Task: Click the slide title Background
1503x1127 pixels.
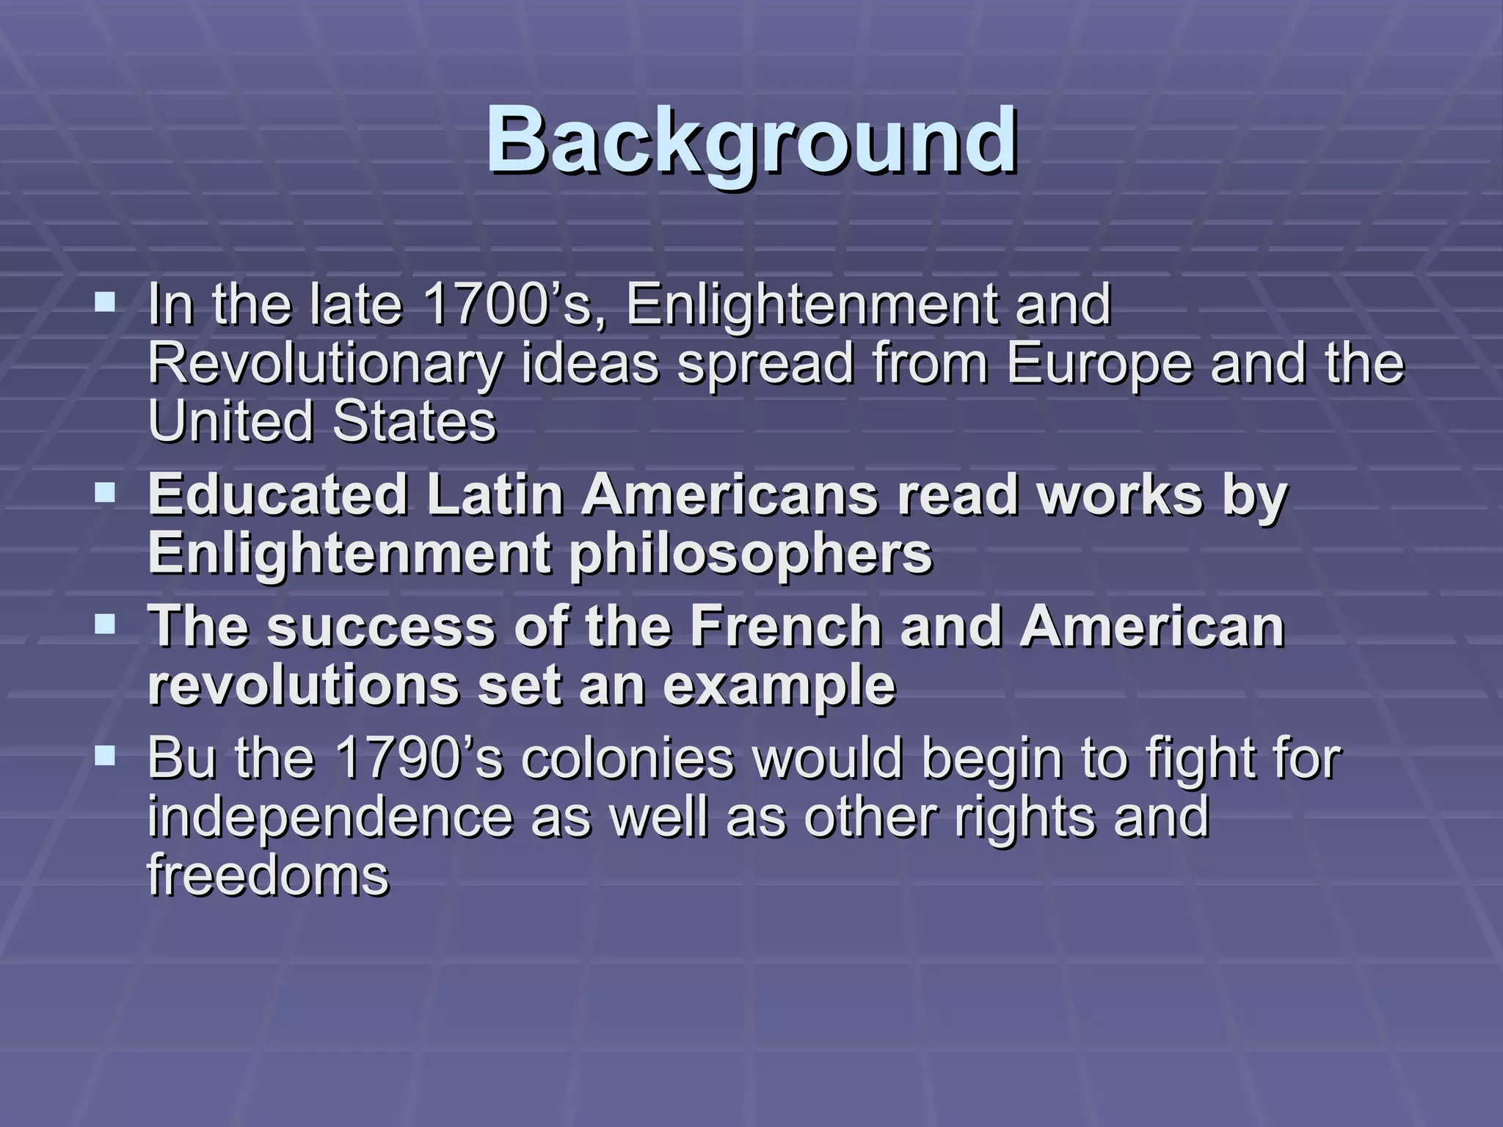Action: (x=751, y=141)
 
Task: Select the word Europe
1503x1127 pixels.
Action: (x=1099, y=365)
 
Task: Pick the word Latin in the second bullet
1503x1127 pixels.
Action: (x=495, y=495)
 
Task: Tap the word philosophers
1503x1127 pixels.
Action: (x=751, y=554)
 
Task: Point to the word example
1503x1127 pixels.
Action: (x=779, y=687)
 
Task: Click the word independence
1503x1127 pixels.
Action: (x=330, y=817)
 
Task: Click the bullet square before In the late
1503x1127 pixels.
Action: (x=106, y=302)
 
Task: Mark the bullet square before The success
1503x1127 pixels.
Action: (x=106, y=624)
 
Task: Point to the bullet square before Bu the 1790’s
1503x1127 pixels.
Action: (x=106, y=755)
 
